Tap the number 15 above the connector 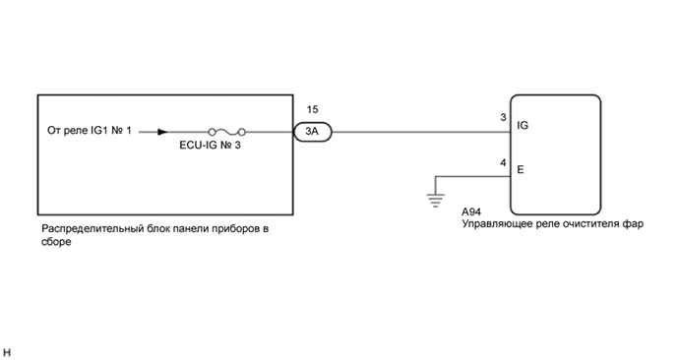pos(314,111)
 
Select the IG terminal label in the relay pos(523,127)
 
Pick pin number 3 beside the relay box pos(503,119)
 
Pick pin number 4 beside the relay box pos(503,162)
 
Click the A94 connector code pos(473,211)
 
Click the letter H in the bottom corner pos(7,351)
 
